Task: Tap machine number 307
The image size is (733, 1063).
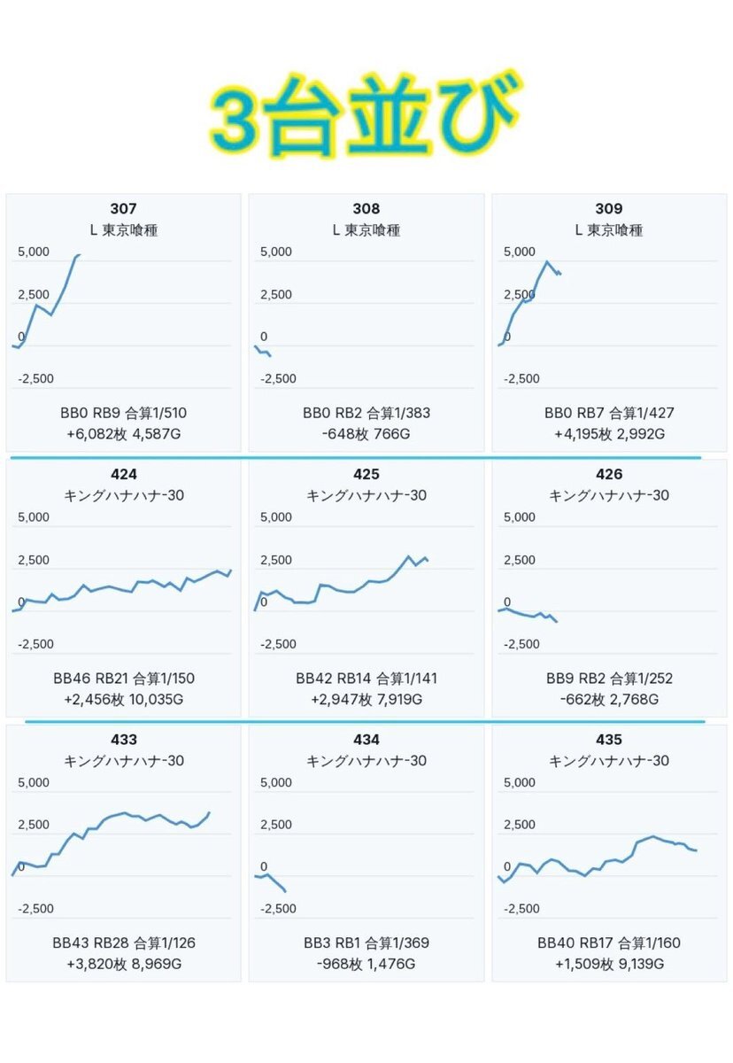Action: [123, 209]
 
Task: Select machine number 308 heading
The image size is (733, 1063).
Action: [366, 209]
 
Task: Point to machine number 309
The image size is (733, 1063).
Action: [609, 209]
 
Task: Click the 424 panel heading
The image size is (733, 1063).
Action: [123, 475]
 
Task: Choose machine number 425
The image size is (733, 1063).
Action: [366, 475]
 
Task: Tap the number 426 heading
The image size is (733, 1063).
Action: [609, 475]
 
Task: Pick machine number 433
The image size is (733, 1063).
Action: [123, 740]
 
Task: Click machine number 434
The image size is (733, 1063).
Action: [366, 740]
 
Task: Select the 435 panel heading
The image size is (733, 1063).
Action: [609, 740]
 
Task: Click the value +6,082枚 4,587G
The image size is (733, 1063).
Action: [123, 434]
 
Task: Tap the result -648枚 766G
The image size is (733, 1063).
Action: [366, 434]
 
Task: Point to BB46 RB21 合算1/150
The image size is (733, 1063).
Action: [123, 679]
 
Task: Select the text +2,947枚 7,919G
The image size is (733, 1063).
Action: [366, 700]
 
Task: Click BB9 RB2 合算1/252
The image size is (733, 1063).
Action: [609, 679]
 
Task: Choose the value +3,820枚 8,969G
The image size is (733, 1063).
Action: [123, 965]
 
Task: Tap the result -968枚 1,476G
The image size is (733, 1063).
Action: [366, 965]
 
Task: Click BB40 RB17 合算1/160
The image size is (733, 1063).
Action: [609, 943]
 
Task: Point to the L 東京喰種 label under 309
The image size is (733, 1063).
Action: [609, 230]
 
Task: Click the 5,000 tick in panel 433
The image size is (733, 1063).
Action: [34, 783]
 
